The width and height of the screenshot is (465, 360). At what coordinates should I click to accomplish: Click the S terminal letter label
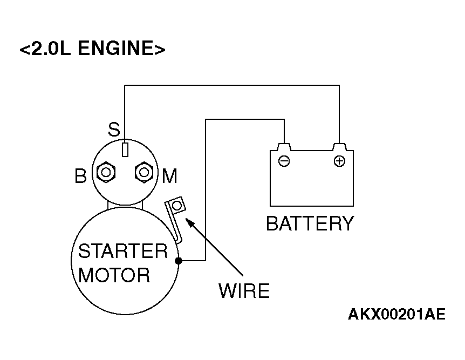pyautogui.click(x=114, y=130)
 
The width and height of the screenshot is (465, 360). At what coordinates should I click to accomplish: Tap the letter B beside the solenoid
pyautogui.click(x=80, y=176)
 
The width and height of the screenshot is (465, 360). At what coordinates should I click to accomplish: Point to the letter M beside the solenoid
pyautogui.click(x=169, y=176)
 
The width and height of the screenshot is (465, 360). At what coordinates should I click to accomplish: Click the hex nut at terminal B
pyautogui.click(x=106, y=172)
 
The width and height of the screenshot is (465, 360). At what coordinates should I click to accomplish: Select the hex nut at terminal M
pyautogui.click(x=144, y=172)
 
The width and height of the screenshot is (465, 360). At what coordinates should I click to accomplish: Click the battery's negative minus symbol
pyautogui.click(x=284, y=161)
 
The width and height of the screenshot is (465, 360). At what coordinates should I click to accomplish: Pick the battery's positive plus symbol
pyautogui.click(x=339, y=161)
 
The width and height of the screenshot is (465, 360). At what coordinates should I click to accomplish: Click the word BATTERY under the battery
pyautogui.click(x=310, y=223)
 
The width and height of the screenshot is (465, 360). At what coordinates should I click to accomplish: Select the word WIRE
pyautogui.click(x=244, y=290)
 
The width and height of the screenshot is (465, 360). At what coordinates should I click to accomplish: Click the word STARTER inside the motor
pyautogui.click(x=123, y=251)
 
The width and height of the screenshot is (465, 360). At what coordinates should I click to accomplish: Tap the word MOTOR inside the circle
pyautogui.click(x=114, y=275)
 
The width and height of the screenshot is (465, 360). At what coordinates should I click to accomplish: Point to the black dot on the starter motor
pyautogui.click(x=179, y=261)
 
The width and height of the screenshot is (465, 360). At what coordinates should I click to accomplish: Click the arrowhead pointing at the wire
pyautogui.click(x=189, y=222)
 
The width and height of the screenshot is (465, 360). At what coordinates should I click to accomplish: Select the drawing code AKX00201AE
pyautogui.click(x=396, y=314)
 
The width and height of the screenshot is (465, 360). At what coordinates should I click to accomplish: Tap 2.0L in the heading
pyautogui.click(x=51, y=48)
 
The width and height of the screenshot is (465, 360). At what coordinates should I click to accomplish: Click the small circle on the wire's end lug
pyautogui.click(x=177, y=206)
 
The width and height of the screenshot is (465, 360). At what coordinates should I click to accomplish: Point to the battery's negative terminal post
pyautogui.click(x=284, y=147)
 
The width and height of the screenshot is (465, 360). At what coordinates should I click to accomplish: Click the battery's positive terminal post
pyautogui.click(x=339, y=147)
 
